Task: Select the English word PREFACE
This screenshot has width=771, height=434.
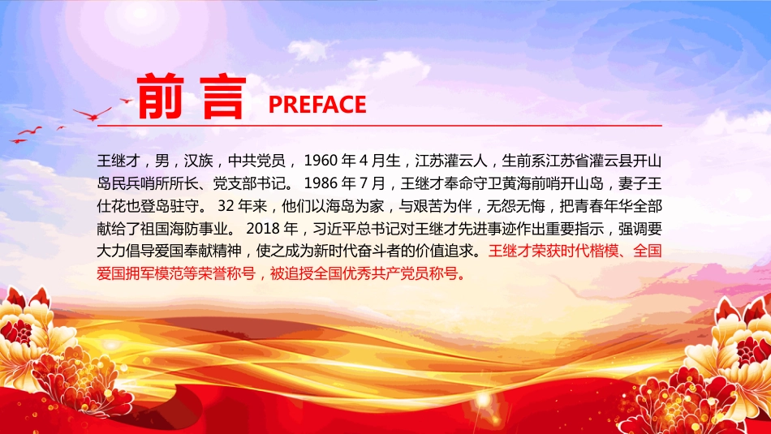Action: click(x=317, y=105)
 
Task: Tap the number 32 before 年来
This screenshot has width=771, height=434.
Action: click(x=226, y=207)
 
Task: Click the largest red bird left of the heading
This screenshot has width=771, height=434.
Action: click(x=91, y=113)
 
